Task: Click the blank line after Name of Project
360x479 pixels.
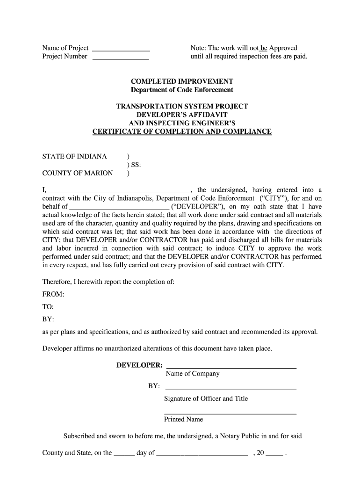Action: point(121,49)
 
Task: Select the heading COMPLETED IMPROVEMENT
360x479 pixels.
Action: point(182,81)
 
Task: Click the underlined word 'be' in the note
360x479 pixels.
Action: point(263,48)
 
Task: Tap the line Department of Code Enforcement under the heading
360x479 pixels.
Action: point(182,90)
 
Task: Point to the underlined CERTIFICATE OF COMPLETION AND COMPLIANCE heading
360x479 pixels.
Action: point(182,131)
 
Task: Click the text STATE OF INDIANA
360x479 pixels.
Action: point(75,156)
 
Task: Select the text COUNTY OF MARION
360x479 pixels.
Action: point(78,173)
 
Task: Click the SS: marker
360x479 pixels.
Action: point(135,165)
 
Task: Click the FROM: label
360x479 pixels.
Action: point(53,294)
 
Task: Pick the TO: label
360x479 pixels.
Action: point(48,307)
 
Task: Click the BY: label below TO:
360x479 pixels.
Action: point(48,319)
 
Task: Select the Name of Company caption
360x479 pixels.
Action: point(192,374)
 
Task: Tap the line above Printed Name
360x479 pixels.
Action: point(230,414)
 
